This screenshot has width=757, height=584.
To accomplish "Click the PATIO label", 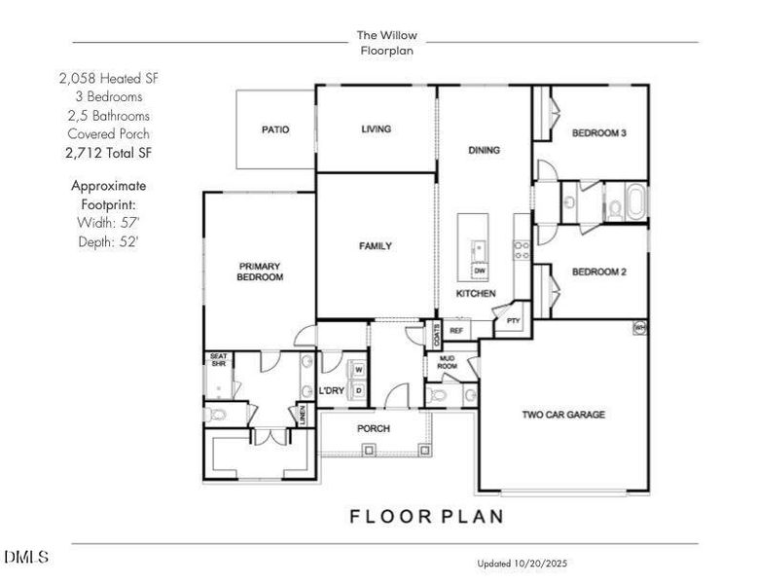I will click(274, 129).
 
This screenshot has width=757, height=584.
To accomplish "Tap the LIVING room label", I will click(376, 128).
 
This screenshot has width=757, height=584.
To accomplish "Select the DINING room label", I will click(484, 150).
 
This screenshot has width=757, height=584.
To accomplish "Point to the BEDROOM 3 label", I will click(598, 133).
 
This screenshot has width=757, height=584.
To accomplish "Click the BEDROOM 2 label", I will click(598, 272).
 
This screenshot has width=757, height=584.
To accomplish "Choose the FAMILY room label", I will click(376, 246).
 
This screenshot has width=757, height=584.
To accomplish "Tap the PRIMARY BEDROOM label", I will click(260, 272).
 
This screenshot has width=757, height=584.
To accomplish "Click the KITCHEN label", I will click(477, 293).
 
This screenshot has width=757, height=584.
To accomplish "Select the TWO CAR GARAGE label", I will click(563, 415).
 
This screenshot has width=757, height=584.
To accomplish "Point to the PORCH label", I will click(374, 428).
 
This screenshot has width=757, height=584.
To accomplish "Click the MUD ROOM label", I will click(448, 362).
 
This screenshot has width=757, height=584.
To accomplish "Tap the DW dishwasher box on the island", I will click(480, 272).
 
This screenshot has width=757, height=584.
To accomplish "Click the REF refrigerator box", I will click(455, 331).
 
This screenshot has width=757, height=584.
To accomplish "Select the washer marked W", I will click(358, 370).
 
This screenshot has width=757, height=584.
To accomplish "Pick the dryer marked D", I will click(358, 390).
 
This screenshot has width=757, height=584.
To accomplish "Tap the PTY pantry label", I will click(513, 319).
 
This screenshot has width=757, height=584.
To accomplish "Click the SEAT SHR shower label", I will click(218, 362).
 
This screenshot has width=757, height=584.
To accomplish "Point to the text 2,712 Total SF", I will click(108, 153).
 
